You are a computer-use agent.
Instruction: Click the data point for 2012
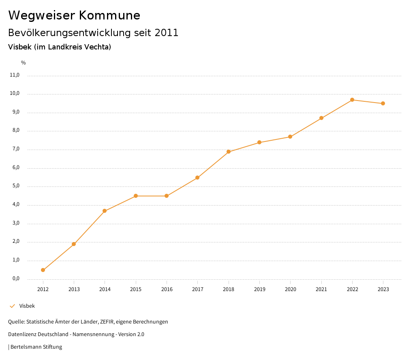coord(43,270)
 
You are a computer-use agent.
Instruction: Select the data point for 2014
coord(105,211)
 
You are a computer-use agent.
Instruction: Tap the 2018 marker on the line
coord(229,152)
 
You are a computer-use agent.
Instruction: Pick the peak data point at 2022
coord(352,100)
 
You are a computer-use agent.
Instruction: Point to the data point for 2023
coord(383,103)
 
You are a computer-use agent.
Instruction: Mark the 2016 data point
coord(167,196)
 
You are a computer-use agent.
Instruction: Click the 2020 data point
coord(290,137)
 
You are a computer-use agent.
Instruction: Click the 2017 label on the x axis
coord(197,289)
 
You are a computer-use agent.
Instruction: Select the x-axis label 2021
coord(321,289)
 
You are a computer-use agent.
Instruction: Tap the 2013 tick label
coord(74,289)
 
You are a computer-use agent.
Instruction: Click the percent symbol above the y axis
coord(24,62)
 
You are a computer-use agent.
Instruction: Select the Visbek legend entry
coord(27,306)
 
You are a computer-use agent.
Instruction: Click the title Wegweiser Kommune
coord(74,15)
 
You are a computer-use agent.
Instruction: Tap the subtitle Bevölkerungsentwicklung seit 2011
coord(93,32)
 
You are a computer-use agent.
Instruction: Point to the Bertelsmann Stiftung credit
coord(36,347)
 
